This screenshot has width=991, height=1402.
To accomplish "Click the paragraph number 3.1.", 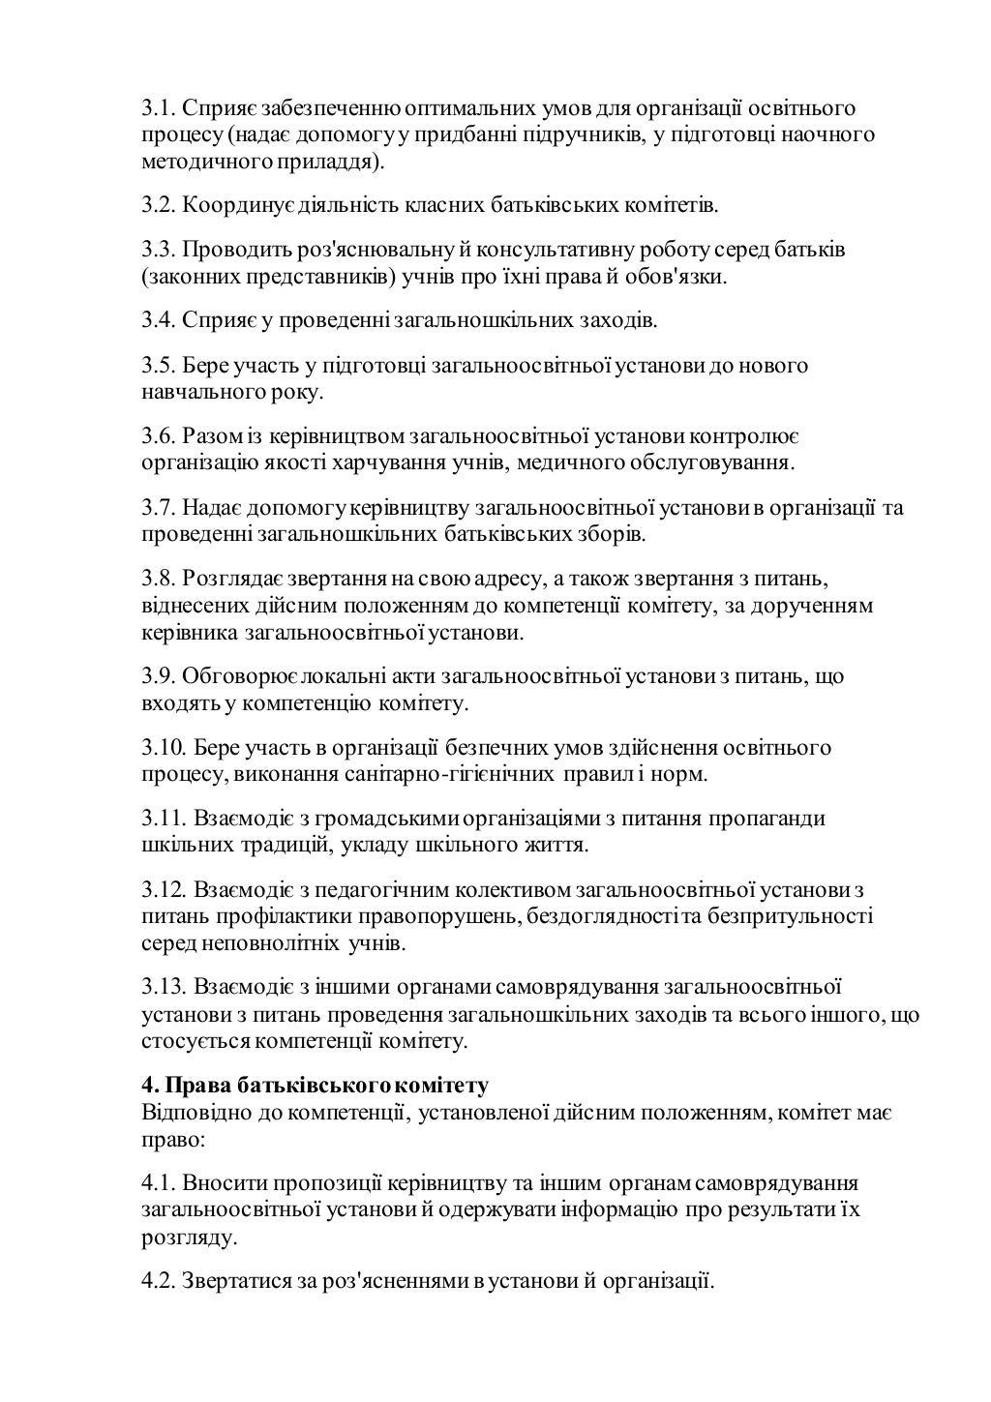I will [x=159, y=107].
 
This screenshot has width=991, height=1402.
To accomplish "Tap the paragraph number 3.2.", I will [x=159, y=205].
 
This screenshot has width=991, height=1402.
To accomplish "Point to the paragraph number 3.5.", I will [x=159, y=366].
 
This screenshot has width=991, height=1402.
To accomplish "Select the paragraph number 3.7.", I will [x=159, y=507].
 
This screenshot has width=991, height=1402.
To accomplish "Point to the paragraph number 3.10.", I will [x=164, y=748].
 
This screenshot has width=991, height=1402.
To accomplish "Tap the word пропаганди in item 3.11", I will [x=767, y=819].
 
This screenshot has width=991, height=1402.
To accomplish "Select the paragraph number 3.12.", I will [x=164, y=889].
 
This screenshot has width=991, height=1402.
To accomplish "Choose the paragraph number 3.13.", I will [x=164, y=987].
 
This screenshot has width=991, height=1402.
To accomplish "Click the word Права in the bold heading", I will [x=194, y=1085].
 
